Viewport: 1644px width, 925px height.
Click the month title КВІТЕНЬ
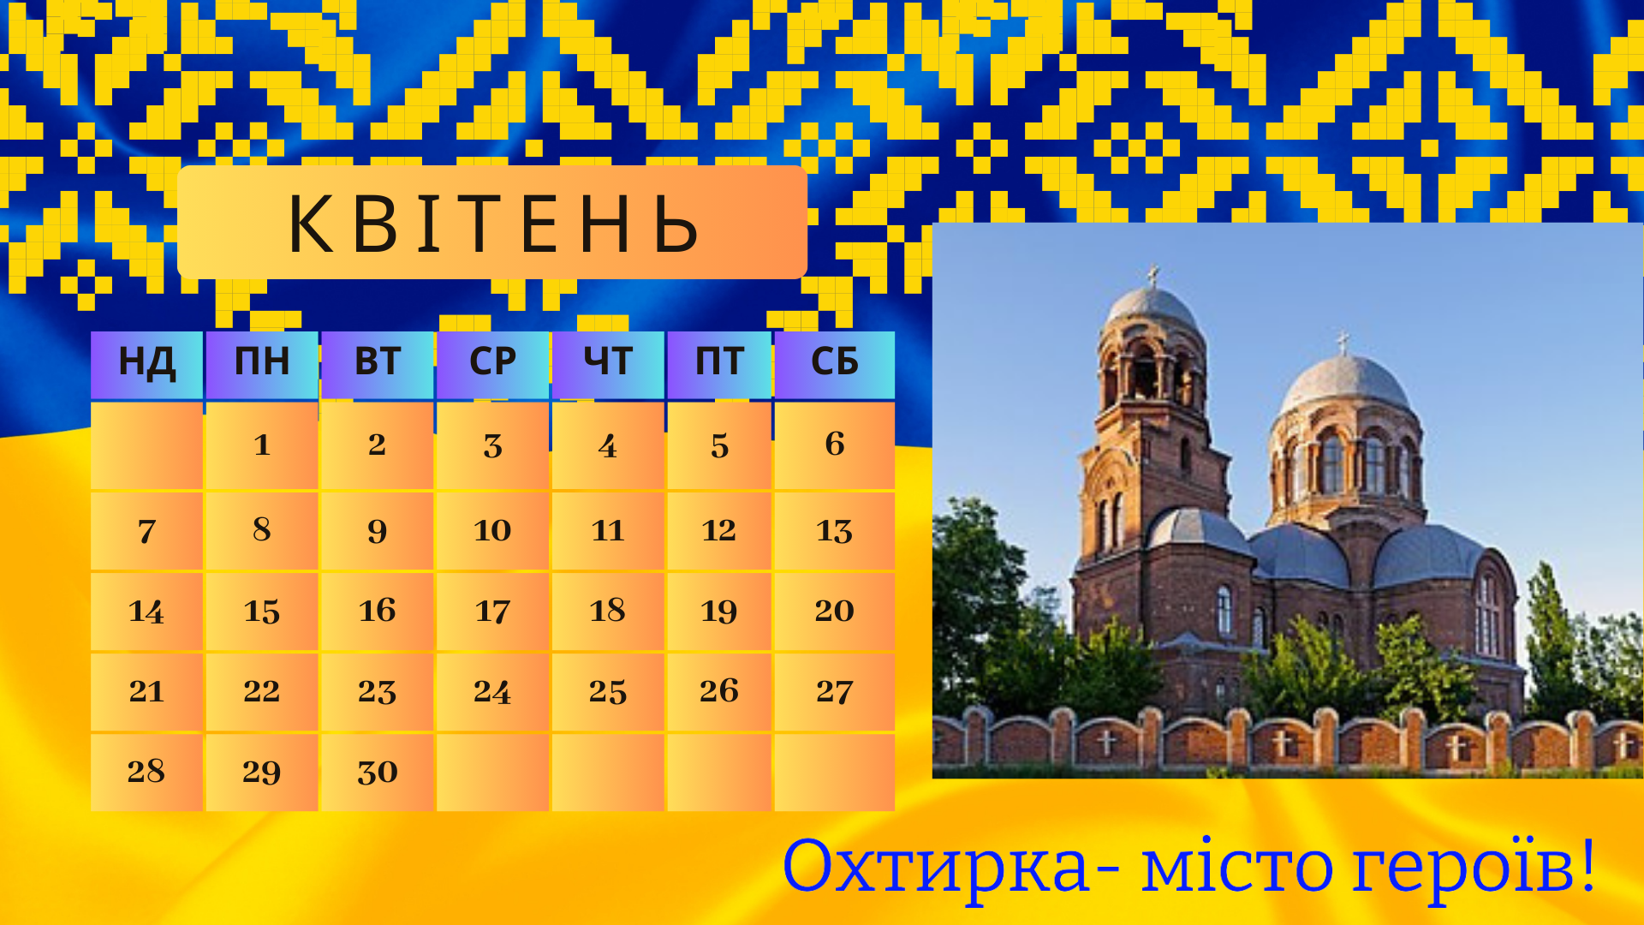coord(493,224)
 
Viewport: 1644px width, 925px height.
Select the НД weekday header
coord(146,364)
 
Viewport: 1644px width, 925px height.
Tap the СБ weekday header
coord(835,364)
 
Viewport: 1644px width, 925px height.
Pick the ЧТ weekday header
coord(608,364)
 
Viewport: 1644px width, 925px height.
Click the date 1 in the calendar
coord(262,445)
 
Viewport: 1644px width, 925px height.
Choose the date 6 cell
coord(835,445)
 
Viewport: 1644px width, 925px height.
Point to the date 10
coord(492,531)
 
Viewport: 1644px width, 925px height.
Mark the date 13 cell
coord(835,531)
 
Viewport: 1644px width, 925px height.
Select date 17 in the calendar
coord(492,612)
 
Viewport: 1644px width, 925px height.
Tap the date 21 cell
coord(146,692)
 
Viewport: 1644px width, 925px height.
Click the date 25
coord(608,692)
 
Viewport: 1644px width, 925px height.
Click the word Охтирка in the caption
coord(935,867)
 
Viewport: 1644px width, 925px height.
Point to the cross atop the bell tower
coord(1153,276)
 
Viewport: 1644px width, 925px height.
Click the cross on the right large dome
coord(1343,343)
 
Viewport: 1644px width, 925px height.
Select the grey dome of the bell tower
coord(1153,310)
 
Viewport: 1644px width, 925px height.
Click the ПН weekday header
coord(262,364)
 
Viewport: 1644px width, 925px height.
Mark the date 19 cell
coord(719,612)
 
